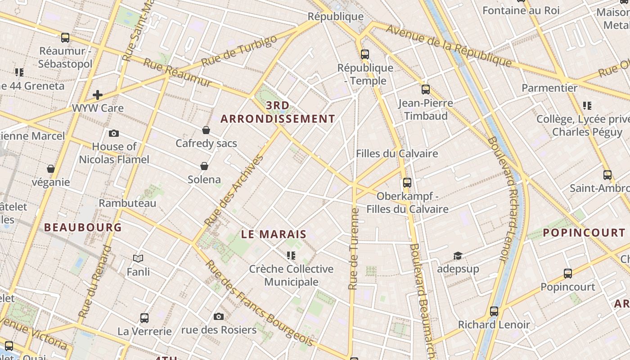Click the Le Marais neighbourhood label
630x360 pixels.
point(274,234)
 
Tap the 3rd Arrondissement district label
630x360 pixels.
point(278,112)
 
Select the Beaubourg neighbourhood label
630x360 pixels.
point(83,228)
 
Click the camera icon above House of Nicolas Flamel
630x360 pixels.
point(114,133)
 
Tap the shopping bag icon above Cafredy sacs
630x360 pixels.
point(206,130)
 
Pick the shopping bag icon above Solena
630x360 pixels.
point(204,166)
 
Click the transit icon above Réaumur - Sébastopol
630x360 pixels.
point(65,38)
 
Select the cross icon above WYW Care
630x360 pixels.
point(98,95)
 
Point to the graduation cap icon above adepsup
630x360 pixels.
point(458,256)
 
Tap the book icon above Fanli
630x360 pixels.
point(138,258)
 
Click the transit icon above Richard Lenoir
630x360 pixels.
point(494,311)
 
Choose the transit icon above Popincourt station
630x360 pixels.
point(568,274)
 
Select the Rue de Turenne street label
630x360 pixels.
point(354,248)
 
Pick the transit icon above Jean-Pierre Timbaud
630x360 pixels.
point(426,90)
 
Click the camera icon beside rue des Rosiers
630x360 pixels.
point(219,317)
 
